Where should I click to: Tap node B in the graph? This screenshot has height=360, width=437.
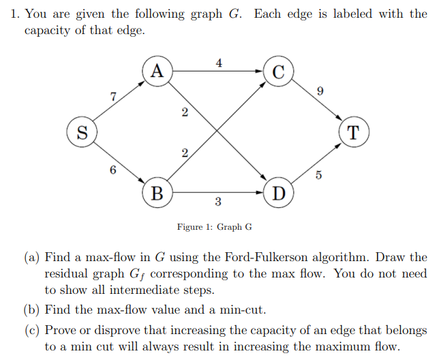pyautogui.click(x=157, y=193)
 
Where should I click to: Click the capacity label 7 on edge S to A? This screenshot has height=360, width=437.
pyautogui.click(x=113, y=96)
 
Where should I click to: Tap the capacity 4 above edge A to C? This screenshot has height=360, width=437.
pyautogui.click(x=218, y=63)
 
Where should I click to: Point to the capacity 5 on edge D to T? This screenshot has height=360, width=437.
pyautogui.click(x=318, y=175)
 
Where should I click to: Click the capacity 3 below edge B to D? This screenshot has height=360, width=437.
pyautogui.click(x=217, y=202)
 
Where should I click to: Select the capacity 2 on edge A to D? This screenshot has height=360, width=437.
pyautogui.click(x=185, y=114)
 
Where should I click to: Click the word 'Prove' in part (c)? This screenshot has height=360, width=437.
pyautogui.click(x=60, y=331)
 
